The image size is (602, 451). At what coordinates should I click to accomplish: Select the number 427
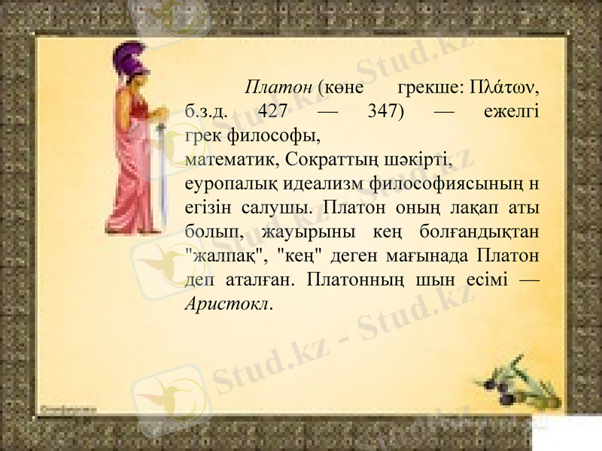(x=272, y=111)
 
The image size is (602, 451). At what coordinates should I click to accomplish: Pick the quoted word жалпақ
(x=223, y=256)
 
